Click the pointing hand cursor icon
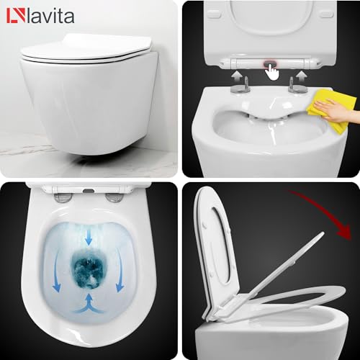pos(271,71)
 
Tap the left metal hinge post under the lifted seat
pos(237,89)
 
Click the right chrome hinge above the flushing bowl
pos(113,197)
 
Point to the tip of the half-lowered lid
pos(338,296)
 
